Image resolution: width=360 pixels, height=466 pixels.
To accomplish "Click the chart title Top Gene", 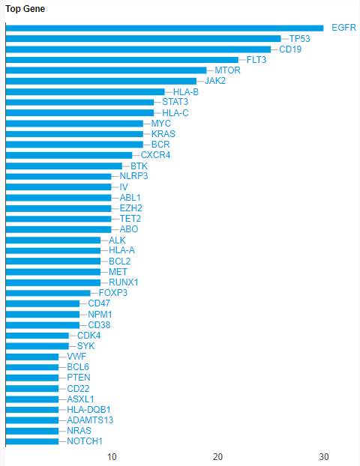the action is pos(25,9).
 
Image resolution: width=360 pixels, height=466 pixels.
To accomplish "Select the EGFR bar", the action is pos(164,28).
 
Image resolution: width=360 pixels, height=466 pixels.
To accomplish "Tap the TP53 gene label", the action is pos(299,39).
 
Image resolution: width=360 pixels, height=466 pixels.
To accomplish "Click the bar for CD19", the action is pos(138,49).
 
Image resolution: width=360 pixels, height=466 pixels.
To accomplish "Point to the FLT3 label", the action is pos(256,60).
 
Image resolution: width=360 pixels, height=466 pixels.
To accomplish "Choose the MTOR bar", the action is pos(106,70).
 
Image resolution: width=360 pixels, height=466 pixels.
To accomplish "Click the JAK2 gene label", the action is pos(215,81).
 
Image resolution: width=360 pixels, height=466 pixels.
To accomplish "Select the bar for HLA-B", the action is pos(85,91).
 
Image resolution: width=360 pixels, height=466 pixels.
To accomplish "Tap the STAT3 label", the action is pos(175,102).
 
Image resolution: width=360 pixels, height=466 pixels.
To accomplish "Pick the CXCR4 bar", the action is pos(69,155).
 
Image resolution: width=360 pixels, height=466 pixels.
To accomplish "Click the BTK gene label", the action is pos(139,166).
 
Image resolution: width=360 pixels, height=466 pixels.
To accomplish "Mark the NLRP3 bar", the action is pos(58,177).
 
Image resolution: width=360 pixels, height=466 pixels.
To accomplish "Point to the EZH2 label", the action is pos(131,208).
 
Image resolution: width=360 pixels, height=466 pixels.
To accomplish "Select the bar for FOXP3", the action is pos(48,293).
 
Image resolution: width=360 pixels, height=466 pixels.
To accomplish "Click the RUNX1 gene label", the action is pos(124,282).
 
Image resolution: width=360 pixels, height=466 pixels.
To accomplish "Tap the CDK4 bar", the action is pos(37,336).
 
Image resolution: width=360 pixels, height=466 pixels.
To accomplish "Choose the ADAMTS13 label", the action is pos(90,420).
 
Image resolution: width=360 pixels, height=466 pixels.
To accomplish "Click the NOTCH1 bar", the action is pos(32,441).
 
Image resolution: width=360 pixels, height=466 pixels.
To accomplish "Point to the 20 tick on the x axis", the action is pos(217,457).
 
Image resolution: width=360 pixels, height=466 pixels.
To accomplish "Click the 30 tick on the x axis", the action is pos(324,457).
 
